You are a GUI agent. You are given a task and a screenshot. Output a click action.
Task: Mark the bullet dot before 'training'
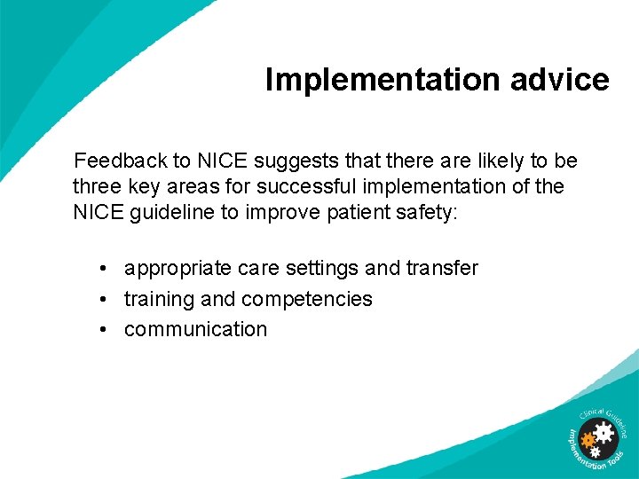click(104, 299)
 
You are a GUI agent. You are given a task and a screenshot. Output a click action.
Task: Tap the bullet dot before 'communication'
click(104, 329)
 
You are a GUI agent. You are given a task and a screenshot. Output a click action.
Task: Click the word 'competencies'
click(306, 299)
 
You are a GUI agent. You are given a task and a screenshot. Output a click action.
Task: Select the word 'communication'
click(195, 329)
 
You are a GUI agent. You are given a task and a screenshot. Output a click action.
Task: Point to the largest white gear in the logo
click(603, 433)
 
